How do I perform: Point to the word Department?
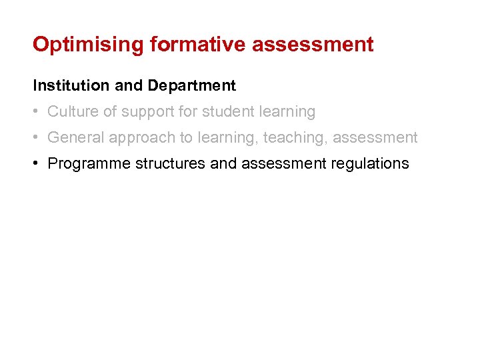tap(192, 86)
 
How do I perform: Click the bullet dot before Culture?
tap(36, 112)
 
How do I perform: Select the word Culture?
tap(71, 112)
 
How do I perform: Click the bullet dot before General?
tap(36, 138)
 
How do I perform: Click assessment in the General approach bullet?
tap(375, 138)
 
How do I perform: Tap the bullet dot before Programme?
tap(36, 164)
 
